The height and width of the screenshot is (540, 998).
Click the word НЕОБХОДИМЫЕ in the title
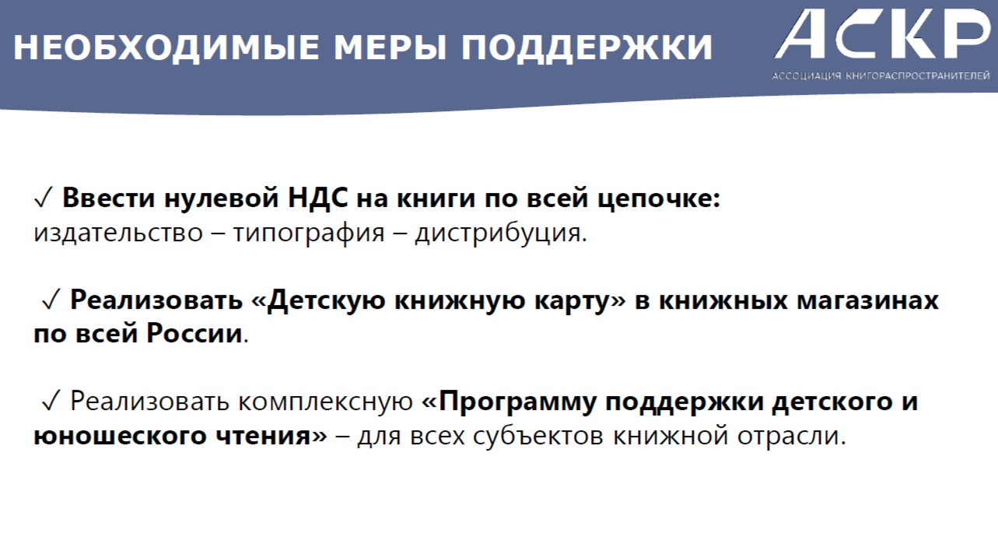[166, 47]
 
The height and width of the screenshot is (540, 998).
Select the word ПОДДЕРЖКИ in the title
[587, 47]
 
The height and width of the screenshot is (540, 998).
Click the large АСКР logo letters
[883, 34]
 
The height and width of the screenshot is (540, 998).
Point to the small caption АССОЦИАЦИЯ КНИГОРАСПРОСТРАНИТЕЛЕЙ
[881, 76]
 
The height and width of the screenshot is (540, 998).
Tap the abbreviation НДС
[317, 198]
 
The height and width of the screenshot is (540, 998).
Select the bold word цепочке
[659, 198]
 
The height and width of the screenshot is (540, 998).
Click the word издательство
[118, 233]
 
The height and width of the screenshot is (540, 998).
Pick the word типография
[309, 233]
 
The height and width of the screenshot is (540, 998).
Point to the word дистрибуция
[501, 233]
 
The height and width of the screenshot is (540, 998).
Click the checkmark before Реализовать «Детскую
[51, 299]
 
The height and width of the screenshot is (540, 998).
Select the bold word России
[194, 333]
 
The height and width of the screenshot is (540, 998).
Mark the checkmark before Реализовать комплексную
[51, 401]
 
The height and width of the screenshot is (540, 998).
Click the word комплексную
[326, 401]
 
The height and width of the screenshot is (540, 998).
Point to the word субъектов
[538, 435]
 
